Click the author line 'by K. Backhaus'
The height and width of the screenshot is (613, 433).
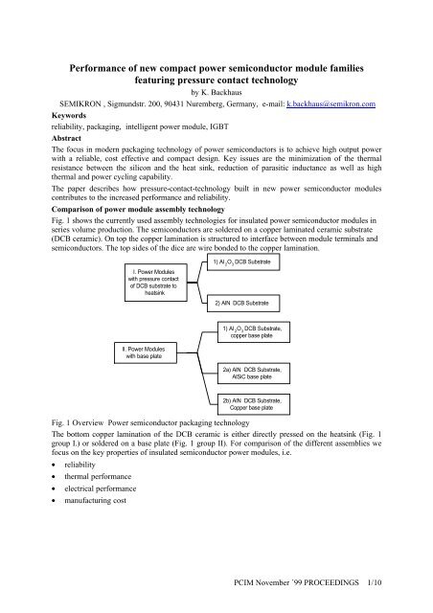coord(216,91)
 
